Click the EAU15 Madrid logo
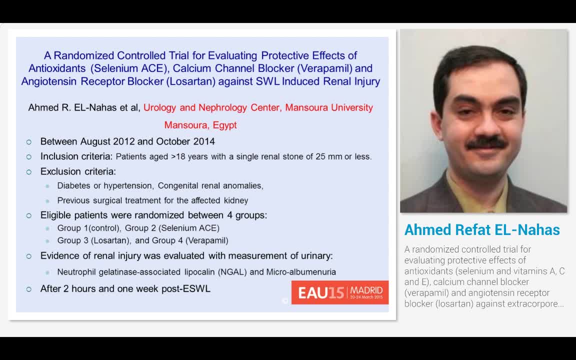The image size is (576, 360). coord(340,292)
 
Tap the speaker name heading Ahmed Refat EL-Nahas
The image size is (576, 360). coord(482,230)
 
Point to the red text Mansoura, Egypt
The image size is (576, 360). coord(200,125)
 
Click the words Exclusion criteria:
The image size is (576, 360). coord(78,171)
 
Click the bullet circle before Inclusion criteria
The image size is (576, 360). coord(29,157)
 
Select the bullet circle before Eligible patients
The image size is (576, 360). coord(29,216)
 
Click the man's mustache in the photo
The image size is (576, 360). coord(485,142)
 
